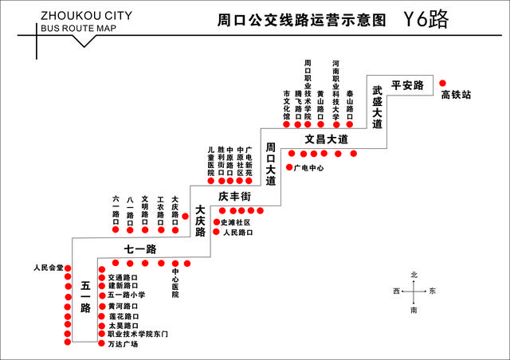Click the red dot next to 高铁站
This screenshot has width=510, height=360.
click(x=443, y=80)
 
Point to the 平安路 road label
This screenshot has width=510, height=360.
click(x=406, y=85)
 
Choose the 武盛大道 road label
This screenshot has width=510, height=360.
click(x=377, y=108)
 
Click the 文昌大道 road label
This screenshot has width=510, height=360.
click(x=326, y=139)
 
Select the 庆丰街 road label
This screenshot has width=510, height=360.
click(x=235, y=196)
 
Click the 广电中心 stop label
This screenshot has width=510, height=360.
click(x=308, y=168)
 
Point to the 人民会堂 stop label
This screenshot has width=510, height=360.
click(x=48, y=268)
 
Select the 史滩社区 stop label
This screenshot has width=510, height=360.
click(x=235, y=222)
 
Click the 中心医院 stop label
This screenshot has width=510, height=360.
click(x=175, y=283)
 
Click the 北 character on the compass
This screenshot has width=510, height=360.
click(x=414, y=275)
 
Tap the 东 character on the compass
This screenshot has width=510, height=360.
click(x=432, y=292)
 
